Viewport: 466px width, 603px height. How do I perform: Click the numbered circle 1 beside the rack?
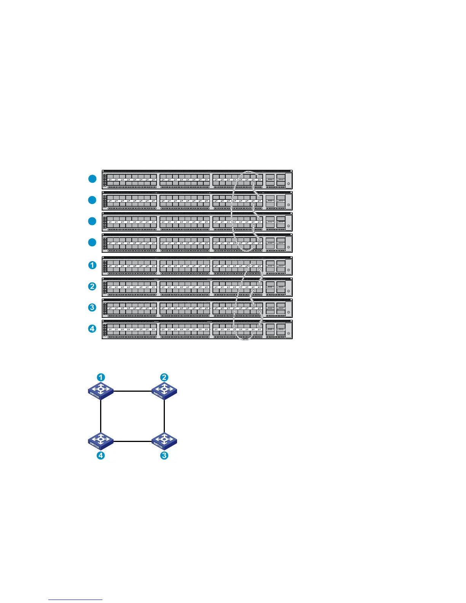92,265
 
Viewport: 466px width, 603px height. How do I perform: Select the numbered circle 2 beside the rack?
92,286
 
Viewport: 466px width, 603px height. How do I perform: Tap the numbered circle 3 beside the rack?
92,307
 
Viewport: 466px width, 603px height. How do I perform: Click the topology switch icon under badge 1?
101,391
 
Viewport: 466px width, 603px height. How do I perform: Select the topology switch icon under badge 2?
164,391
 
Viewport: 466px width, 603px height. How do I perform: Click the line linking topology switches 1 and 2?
132,391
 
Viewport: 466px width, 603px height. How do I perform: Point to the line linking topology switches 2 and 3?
164,416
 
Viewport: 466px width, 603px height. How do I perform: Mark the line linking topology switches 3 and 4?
132,442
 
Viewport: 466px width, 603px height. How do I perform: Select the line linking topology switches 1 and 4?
101,416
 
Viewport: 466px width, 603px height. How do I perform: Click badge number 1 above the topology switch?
101,377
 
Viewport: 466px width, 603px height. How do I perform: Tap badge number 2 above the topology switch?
164,377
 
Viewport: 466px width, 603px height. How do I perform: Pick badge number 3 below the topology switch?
164,455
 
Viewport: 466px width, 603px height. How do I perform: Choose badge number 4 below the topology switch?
101,455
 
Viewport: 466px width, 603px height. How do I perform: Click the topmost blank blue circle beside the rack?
92,179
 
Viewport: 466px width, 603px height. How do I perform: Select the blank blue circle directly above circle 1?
92,242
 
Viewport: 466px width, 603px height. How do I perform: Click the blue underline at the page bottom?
75,600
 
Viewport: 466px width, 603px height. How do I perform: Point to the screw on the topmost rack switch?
288,184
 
